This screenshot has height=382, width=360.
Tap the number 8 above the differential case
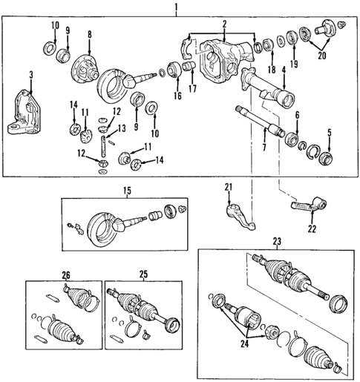90,35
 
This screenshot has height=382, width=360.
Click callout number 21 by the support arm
229,185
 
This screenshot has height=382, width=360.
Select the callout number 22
312,229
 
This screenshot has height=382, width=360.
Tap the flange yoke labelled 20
327,31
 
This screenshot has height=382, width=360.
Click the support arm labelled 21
236,211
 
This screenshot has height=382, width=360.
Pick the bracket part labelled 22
308,206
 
